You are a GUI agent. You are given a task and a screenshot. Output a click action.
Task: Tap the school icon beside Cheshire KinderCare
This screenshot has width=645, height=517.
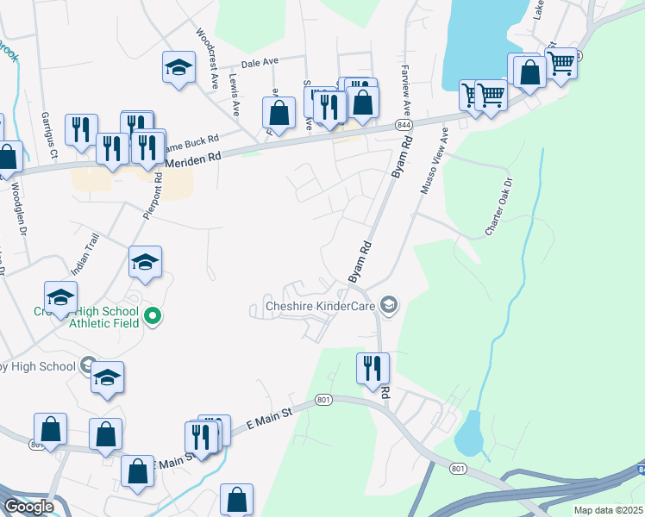pos(390,306)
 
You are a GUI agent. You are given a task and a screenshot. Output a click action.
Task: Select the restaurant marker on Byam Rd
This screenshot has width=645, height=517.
pos(373,369)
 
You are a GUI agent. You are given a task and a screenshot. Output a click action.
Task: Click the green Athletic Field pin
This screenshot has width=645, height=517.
pos(153,317)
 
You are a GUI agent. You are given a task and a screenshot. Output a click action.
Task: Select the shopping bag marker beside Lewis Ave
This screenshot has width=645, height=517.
pos(279,112)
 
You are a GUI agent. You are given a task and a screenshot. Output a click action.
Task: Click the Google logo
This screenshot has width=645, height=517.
pos(28,507)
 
